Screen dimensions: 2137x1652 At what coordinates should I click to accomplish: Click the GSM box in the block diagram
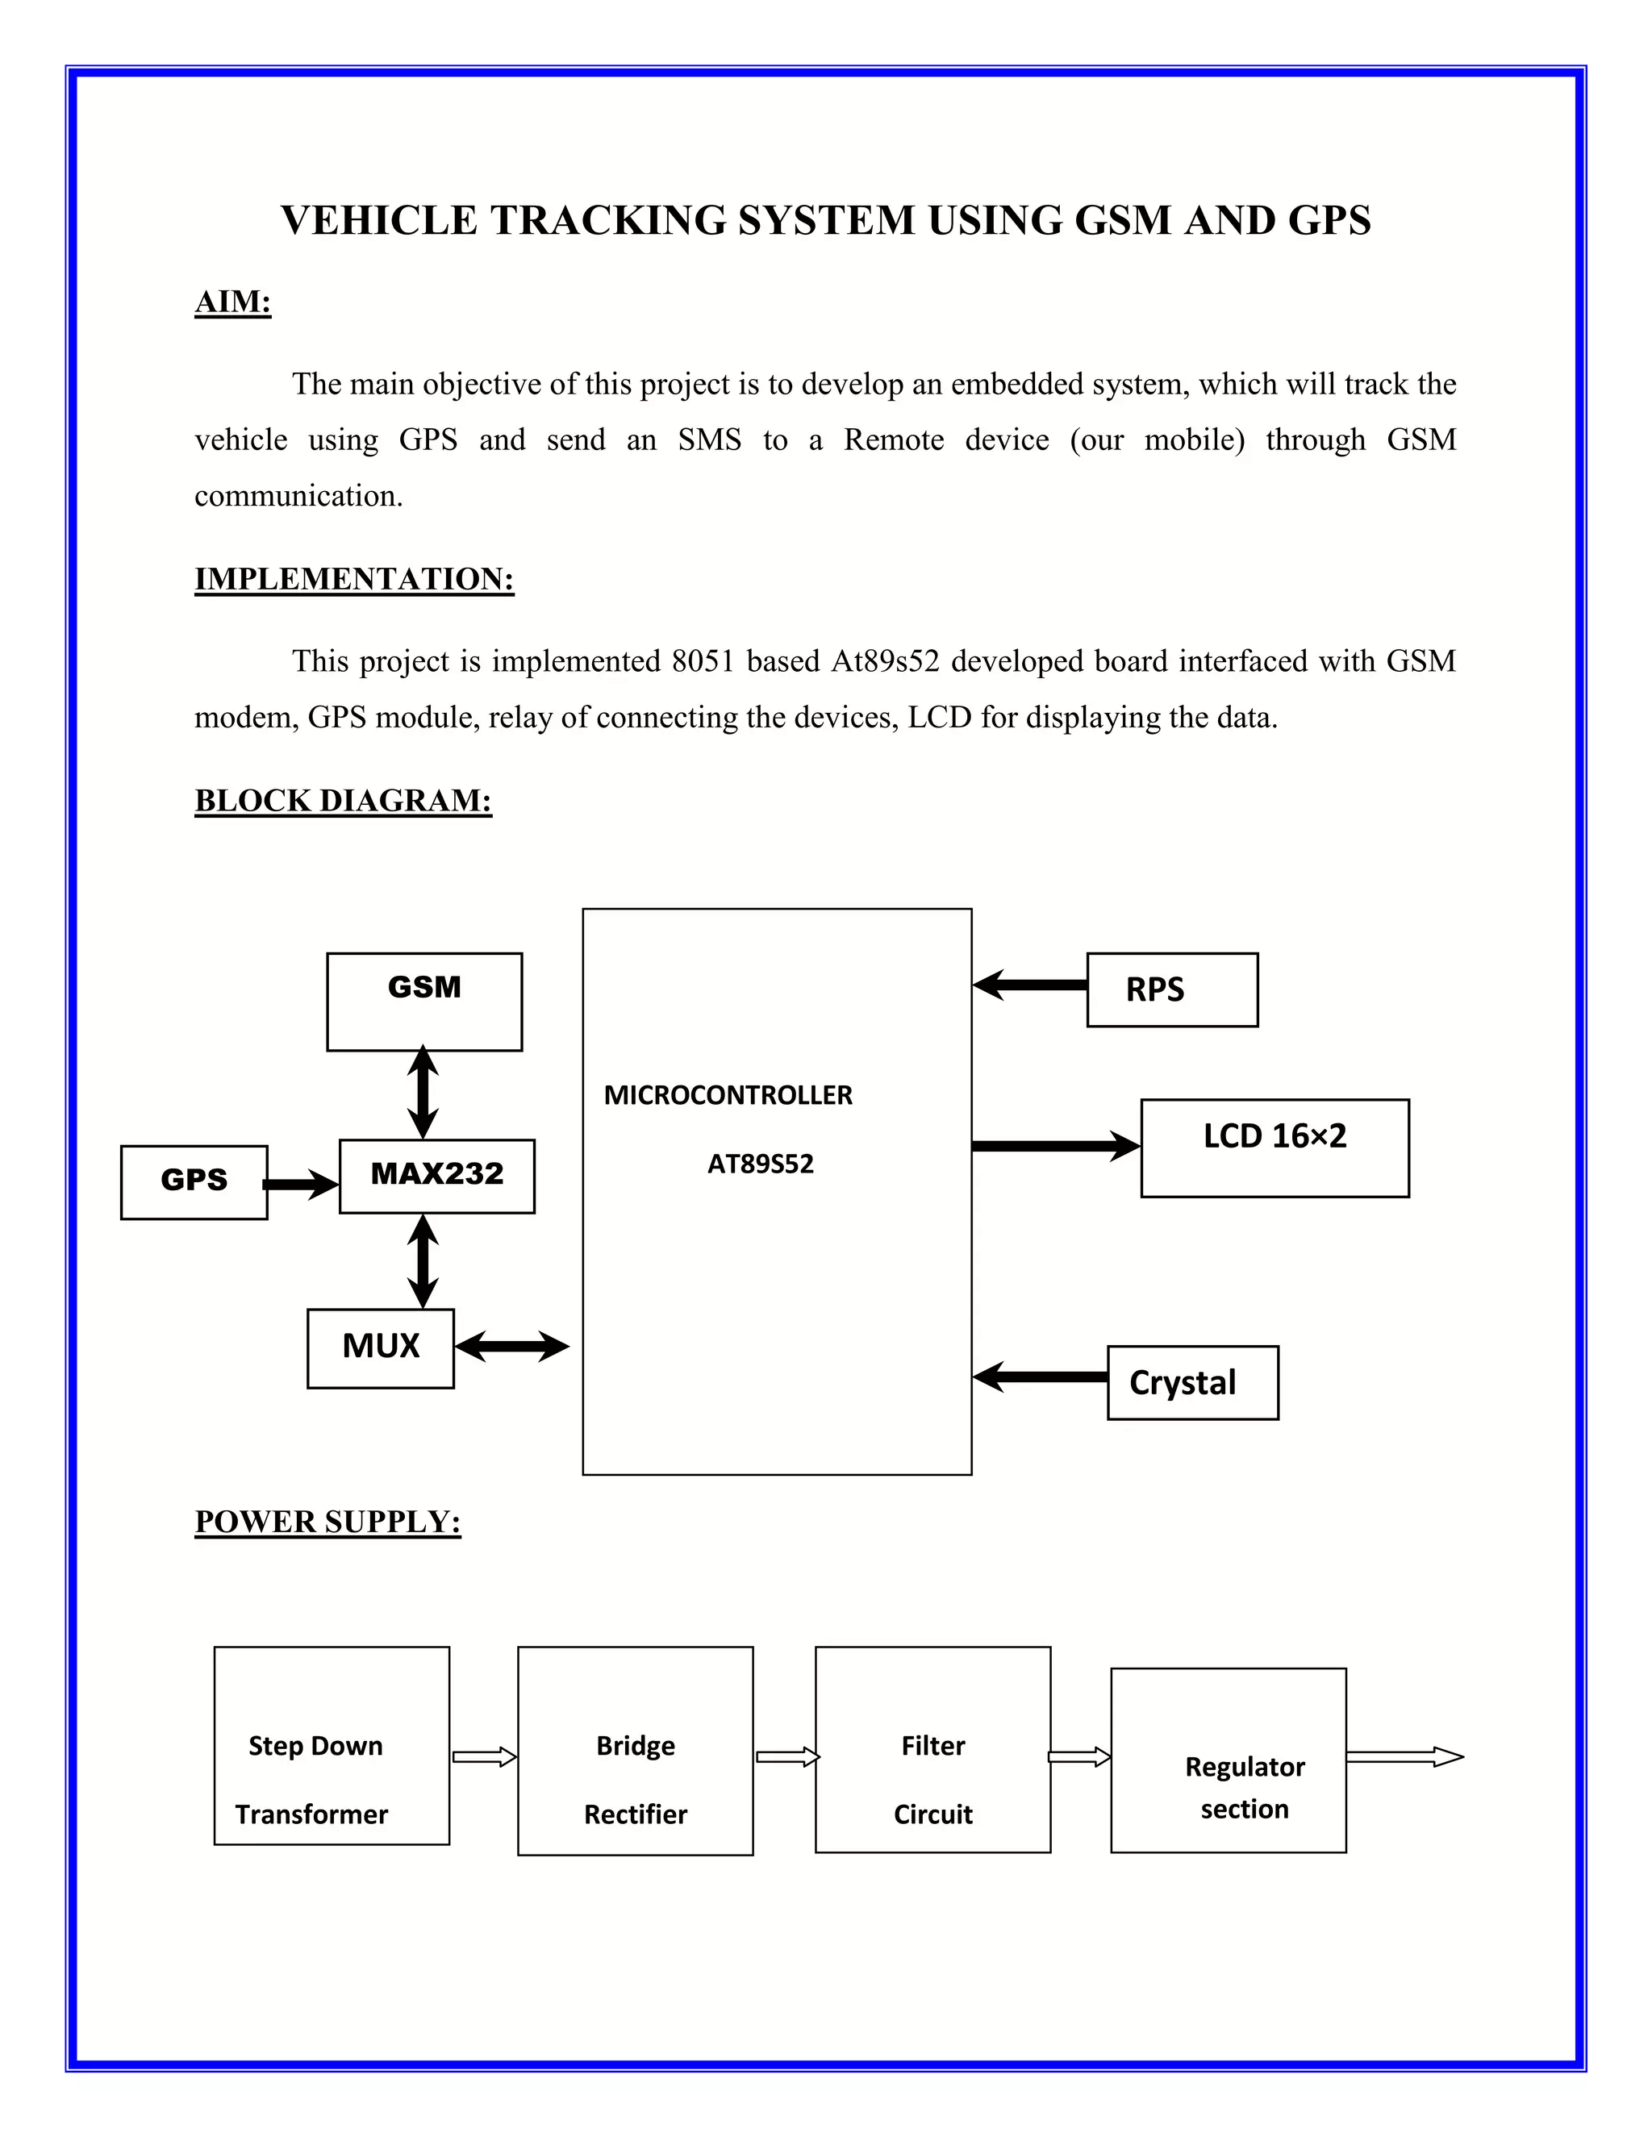[x=423, y=1001]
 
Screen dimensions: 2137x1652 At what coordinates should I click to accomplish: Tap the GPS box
[x=194, y=1181]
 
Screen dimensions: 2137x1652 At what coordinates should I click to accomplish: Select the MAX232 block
[x=436, y=1175]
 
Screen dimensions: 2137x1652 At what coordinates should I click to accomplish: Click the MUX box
[x=380, y=1348]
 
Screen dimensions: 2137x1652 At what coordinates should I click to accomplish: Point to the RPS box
[x=1171, y=989]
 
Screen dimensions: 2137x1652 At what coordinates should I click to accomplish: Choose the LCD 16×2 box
[x=1274, y=1147]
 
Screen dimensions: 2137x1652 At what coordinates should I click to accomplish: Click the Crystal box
[x=1192, y=1381]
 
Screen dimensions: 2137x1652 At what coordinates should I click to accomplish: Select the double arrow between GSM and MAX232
[x=422, y=1092]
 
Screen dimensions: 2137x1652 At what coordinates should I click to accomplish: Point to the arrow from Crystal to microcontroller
[x=1039, y=1377]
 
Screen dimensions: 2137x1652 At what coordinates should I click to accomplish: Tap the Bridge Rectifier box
[x=635, y=1751]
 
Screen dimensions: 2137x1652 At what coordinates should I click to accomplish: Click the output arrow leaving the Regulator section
[x=1404, y=1757]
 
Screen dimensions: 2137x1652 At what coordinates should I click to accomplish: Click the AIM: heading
[x=233, y=302]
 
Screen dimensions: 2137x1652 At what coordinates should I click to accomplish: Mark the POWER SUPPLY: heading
[x=327, y=1522]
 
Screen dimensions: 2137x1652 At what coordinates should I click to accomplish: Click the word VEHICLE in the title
[x=379, y=220]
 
